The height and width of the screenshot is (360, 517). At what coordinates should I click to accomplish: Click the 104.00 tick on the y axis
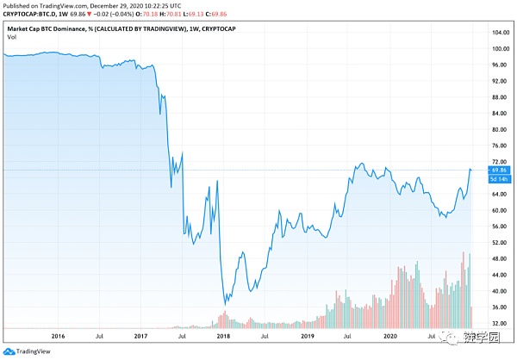click(495, 33)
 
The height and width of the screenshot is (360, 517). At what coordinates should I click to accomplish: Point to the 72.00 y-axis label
click(495, 162)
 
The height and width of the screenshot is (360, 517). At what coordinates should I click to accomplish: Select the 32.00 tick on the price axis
click(495, 323)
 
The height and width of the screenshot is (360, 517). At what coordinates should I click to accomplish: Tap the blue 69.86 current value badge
click(497, 171)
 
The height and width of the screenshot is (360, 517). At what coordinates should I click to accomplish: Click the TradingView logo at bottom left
click(26, 350)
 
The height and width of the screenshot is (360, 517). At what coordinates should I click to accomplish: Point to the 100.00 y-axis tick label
click(495, 49)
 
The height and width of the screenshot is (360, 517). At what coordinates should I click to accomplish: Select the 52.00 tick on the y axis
click(495, 242)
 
